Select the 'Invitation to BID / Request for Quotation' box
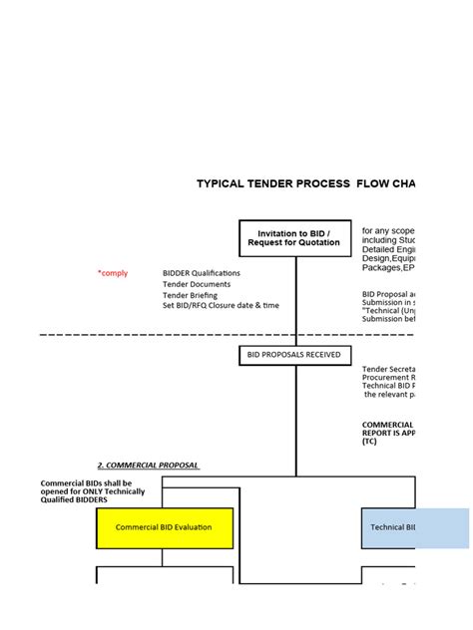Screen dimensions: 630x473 point(294,240)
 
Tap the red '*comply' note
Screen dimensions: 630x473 point(113,273)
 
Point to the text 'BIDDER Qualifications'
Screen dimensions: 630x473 point(201,273)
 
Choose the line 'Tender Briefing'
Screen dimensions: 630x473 point(190,295)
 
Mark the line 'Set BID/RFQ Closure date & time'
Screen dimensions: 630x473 point(221,306)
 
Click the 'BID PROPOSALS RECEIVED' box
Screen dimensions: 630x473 point(294,354)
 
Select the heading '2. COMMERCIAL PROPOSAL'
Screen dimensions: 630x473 point(148,466)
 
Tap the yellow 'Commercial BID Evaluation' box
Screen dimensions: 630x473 point(165,527)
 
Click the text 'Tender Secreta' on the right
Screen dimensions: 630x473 point(387,369)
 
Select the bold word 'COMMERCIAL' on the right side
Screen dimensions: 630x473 point(387,424)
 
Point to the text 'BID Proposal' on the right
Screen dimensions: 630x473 point(385,295)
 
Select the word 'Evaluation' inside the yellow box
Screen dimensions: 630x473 point(193,527)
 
